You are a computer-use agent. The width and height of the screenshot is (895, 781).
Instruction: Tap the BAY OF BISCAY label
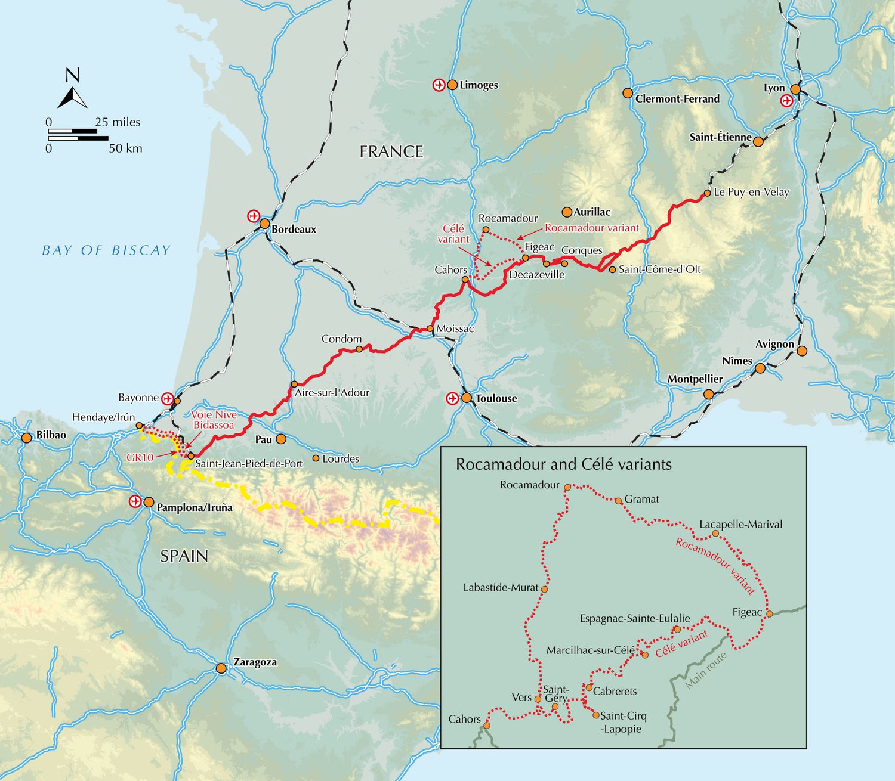pos(106,250)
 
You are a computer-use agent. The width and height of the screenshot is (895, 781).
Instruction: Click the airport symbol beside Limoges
pos(439,85)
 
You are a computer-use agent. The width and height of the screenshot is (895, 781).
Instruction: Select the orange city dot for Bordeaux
pos(264,224)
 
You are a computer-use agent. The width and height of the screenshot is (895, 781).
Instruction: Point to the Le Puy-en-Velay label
pos(751,192)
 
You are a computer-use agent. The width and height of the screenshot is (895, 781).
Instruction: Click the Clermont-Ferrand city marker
pos(627,93)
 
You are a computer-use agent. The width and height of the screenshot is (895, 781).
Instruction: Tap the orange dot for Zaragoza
pos(221,668)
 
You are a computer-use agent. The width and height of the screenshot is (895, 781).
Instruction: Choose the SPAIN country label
pos(184,556)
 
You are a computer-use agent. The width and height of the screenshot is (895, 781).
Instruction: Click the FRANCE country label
pos(391,152)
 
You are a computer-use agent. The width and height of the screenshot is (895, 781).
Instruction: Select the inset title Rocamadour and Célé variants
pos(563,464)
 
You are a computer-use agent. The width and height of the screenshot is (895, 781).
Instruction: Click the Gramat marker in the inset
pos(619,501)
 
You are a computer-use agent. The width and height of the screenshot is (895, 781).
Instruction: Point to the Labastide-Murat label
pos(501,588)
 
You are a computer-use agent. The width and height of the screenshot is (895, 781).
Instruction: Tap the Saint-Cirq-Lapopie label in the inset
pos(623,722)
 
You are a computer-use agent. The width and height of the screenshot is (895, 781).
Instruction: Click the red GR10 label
pos(140,458)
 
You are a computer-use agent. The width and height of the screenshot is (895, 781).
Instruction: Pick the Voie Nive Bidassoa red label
pos(214,420)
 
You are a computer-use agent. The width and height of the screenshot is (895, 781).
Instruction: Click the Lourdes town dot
pos(316,458)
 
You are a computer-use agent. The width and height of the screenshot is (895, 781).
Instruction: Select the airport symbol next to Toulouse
pos(452,398)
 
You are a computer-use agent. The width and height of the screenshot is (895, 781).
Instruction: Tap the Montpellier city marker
pos(708,394)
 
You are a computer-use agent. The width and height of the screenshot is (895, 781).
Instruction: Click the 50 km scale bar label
pos(125,148)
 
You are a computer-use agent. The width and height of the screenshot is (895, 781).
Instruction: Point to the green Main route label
pos(706,670)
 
